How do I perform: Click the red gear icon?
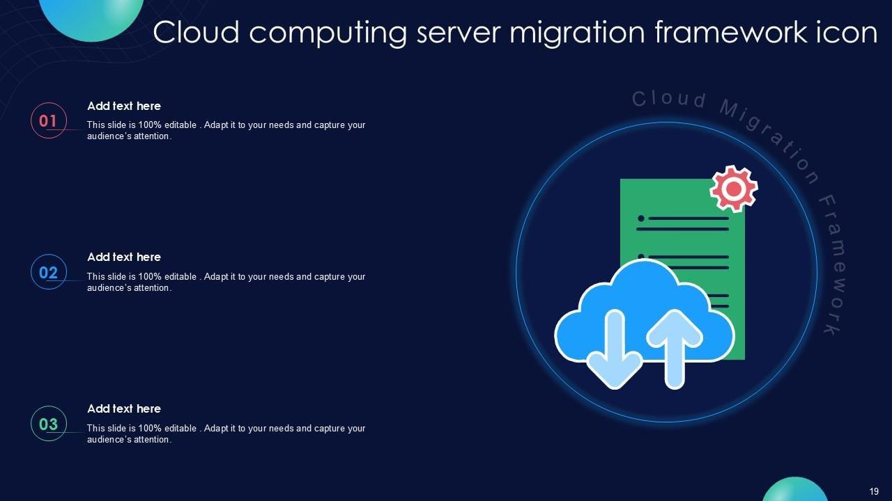click(734, 188)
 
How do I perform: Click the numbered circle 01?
click(48, 120)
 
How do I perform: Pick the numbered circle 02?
click(48, 272)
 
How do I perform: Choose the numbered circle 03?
click(48, 424)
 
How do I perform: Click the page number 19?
click(874, 491)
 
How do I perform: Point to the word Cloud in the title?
click(197, 33)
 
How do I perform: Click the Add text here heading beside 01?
click(124, 106)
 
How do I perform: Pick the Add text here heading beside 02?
click(124, 257)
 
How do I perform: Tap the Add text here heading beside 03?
click(124, 408)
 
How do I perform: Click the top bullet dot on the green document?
click(640, 218)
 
